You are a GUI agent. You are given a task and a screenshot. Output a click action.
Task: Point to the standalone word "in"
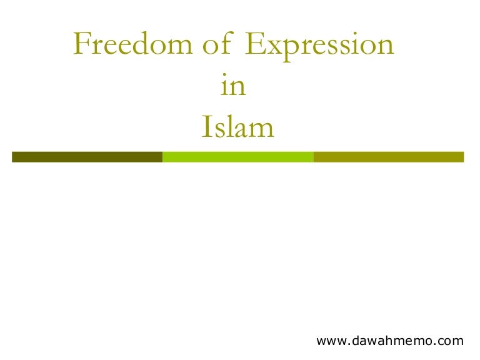(234, 87)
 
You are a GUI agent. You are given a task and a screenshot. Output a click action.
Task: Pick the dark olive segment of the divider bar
(87, 157)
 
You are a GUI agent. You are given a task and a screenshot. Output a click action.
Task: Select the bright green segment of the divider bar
(237, 157)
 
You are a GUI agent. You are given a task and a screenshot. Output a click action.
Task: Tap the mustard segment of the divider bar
(388, 157)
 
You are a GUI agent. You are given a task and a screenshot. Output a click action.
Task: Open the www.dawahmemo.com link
(391, 341)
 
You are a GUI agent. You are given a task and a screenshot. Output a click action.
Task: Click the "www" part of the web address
(331, 341)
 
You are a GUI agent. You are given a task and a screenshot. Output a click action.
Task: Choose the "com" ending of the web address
(451, 341)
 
